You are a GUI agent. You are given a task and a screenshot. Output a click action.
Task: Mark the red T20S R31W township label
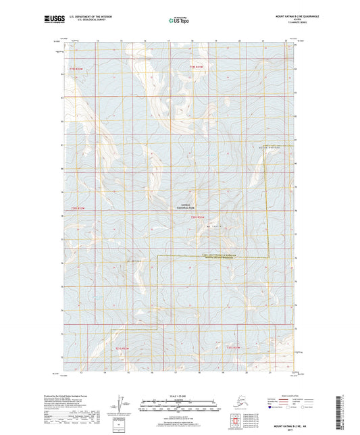pyautogui.click(x=197, y=217)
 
